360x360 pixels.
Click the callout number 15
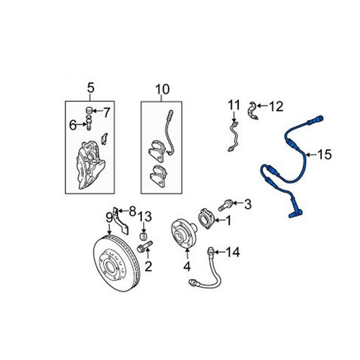[x=325, y=155]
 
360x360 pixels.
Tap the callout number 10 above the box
[x=162, y=89]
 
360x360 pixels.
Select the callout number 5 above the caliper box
[x=91, y=88]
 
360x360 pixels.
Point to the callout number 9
[x=109, y=219]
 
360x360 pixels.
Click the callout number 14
[x=233, y=252]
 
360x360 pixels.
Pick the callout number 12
[x=276, y=106]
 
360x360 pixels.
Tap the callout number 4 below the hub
[x=187, y=266]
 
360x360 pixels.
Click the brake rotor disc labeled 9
[x=117, y=263]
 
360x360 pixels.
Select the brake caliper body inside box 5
[x=90, y=165]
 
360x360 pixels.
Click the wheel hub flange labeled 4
[x=182, y=233]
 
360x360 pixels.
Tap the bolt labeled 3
[x=225, y=205]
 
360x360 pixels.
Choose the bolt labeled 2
[x=145, y=247]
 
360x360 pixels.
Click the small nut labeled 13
[x=144, y=236]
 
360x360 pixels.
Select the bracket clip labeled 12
[x=253, y=110]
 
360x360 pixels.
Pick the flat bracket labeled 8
[x=121, y=221]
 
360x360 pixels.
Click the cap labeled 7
[x=89, y=110]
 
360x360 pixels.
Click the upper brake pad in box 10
[x=157, y=151]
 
